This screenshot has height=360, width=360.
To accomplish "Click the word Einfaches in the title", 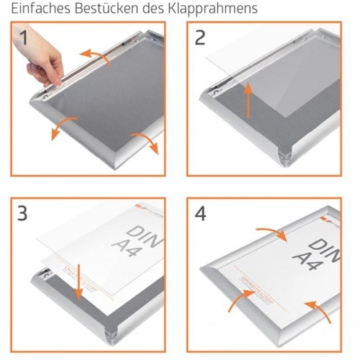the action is point(41,8).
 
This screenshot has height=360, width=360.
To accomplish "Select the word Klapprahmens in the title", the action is point(213,9).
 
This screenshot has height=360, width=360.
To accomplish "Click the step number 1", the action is point(24,37).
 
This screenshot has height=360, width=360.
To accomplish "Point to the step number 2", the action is point(200,37).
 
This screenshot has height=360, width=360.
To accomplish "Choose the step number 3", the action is point(22,213).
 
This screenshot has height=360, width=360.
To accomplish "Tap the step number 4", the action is point(200,214).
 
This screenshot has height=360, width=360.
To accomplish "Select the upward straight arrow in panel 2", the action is point(248,100).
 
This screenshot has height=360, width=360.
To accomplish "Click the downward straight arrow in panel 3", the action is point(78,282).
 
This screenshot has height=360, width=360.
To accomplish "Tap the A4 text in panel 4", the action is point(308,261).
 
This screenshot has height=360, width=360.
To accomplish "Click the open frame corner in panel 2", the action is point(286,157).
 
